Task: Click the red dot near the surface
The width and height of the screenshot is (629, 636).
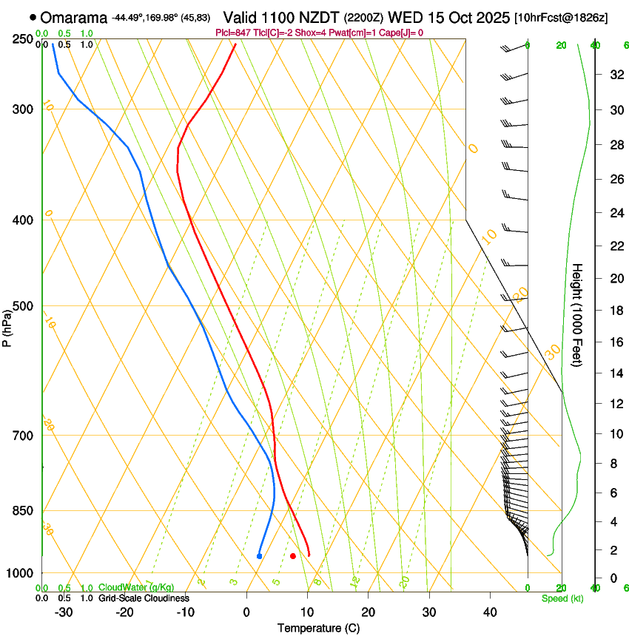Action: [x=293, y=555]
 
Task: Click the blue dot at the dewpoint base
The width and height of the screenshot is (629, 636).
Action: [x=259, y=555]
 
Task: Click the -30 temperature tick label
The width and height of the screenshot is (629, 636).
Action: [x=64, y=612]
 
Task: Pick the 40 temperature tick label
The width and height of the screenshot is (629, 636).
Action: [x=489, y=612]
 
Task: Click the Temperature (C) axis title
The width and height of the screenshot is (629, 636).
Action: [x=318, y=628]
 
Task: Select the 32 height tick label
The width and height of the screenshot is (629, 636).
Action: [x=615, y=75]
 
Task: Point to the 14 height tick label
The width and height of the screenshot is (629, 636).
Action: [x=615, y=373]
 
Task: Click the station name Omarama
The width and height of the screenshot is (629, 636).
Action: [x=74, y=17]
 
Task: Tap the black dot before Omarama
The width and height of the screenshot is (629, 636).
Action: [x=33, y=17]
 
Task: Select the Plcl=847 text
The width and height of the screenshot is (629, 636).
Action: [x=234, y=33]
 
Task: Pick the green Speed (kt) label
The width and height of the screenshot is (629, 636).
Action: [x=562, y=598]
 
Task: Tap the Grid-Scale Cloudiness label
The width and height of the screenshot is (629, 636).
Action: [x=143, y=598]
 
